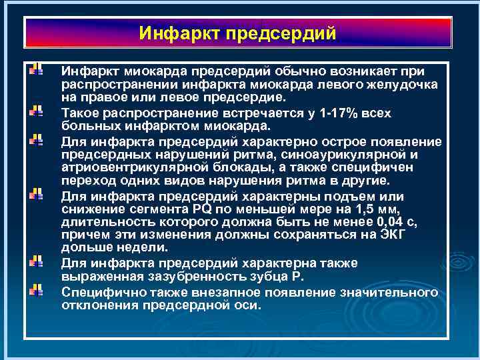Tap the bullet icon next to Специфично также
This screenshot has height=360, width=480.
(x=37, y=291)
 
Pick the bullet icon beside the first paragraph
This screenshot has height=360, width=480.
(x=37, y=69)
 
